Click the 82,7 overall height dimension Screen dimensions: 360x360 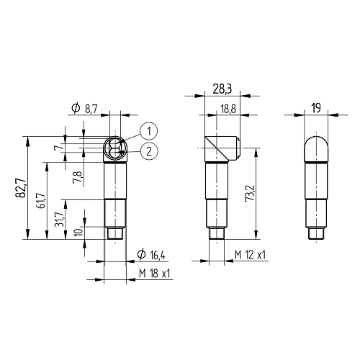click(x=21, y=188)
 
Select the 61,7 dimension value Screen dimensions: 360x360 click(x=41, y=201)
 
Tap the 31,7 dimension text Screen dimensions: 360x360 click(x=59, y=219)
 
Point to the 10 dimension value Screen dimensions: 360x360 click(x=79, y=232)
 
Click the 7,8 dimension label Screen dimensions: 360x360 click(x=79, y=177)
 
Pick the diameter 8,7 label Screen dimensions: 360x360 click(x=85, y=109)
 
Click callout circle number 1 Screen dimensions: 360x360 click(x=149, y=131)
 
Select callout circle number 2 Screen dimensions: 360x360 click(x=149, y=151)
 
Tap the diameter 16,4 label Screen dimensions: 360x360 click(x=151, y=255)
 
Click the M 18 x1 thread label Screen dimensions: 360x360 click(x=155, y=274)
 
